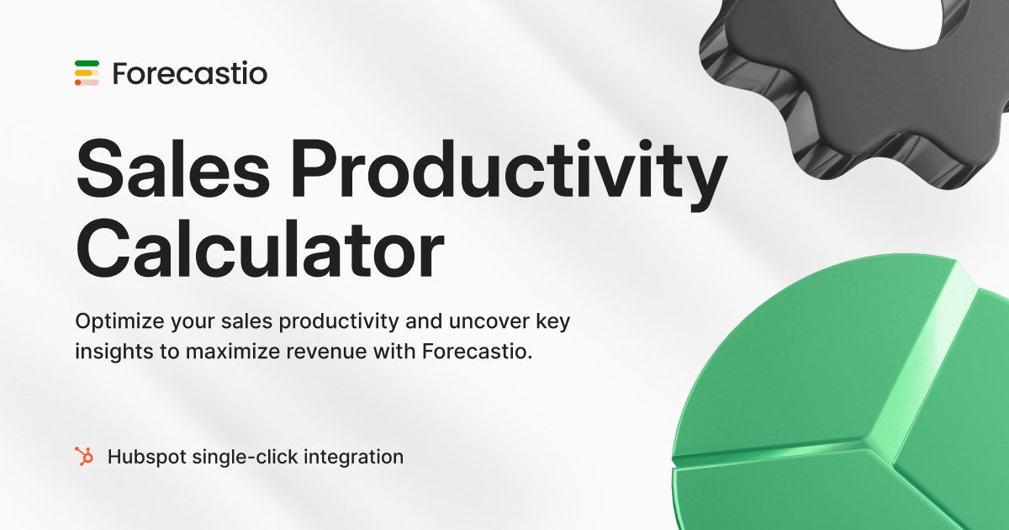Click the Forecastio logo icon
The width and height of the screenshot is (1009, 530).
pyautogui.click(x=87, y=73)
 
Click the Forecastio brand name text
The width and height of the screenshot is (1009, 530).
pyautogui.click(x=189, y=73)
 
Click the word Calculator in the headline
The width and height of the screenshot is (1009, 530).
pyautogui.click(x=259, y=246)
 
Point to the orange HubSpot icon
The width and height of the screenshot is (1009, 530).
pyautogui.click(x=84, y=457)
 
